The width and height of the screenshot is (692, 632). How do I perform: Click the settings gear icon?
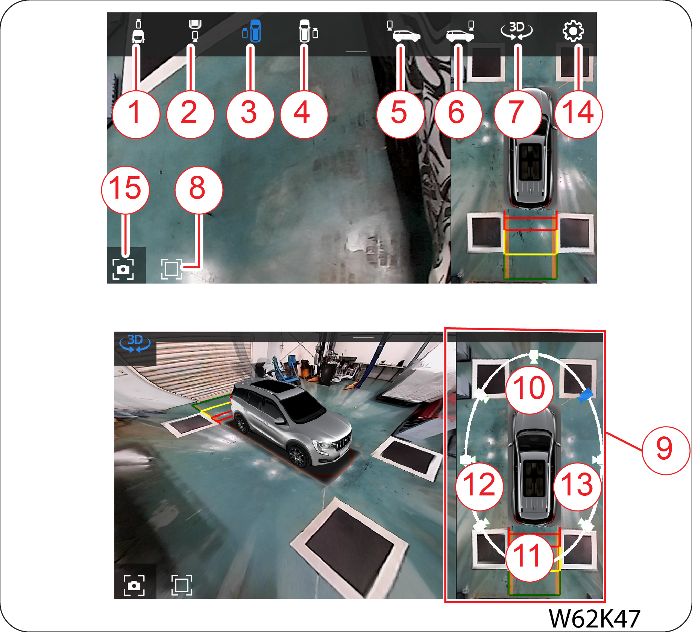[573, 30]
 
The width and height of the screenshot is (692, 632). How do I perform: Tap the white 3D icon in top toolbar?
[517, 30]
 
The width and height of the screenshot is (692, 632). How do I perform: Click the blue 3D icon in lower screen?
[135, 343]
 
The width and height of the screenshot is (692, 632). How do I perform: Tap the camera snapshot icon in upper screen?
[123, 269]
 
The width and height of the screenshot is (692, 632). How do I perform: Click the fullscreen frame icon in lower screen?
[182, 585]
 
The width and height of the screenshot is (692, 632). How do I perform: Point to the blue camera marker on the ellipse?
[585, 395]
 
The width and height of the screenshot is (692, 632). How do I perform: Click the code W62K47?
[594, 618]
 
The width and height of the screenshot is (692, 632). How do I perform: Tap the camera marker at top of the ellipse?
[534, 355]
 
